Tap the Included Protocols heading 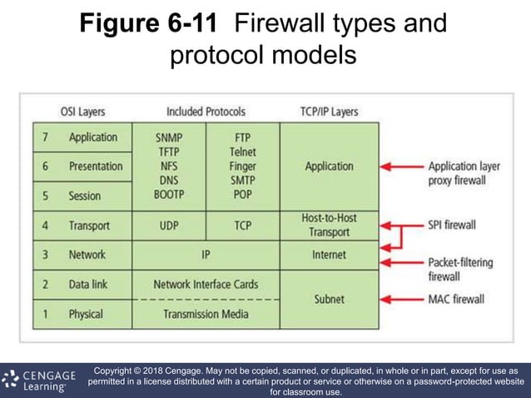[x=206, y=111]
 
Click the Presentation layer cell [x=95, y=167]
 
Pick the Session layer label [x=84, y=197]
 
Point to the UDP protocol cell [x=169, y=226]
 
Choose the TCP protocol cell [x=242, y=226]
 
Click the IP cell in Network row [x=206, y=255]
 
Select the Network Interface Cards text [x=206, y=285]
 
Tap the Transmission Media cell [x=206, y=314]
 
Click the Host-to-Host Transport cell [x=329, y=226]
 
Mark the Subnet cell [x=329, y=299]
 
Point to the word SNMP [x=169, y=137]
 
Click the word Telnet [x=242, y=152]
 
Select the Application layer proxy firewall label [x=464, y=173]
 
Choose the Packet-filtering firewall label [x=460, y=268]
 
